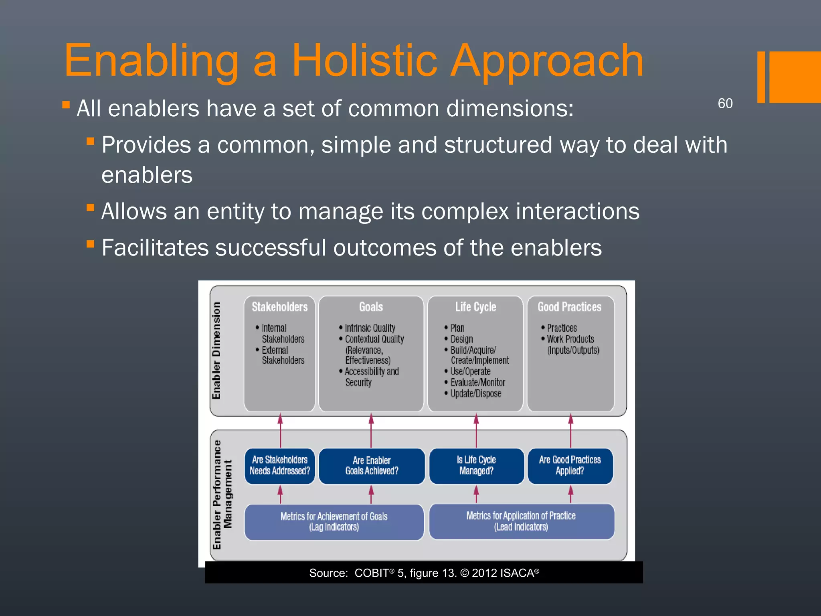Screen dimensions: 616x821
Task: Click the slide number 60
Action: [725, 103]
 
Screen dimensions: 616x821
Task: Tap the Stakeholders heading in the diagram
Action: [279, 307]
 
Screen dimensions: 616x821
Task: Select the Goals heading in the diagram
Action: [371, 307]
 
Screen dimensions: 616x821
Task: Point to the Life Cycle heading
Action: [475, 307]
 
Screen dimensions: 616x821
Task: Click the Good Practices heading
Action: [569, 307]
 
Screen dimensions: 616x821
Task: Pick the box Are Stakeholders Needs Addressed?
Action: [279, 466]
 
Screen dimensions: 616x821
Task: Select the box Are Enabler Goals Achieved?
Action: [371, 466]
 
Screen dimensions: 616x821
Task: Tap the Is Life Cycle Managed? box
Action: [476, 466]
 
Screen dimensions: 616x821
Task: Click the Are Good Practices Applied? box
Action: [570, 466]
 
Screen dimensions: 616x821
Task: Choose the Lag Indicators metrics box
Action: [334, 522]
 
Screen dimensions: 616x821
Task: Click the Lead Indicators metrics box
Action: [521, 521]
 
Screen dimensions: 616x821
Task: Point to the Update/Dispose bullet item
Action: [475, 394]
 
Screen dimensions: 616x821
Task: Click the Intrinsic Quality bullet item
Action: [370, 328]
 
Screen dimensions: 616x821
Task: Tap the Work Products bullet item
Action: [570, 339]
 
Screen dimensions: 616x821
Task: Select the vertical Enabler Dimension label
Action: [216, 351]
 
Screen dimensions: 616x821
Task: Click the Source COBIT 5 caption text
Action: [424, 573]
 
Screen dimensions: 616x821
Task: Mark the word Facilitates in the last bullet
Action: [155, 247]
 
